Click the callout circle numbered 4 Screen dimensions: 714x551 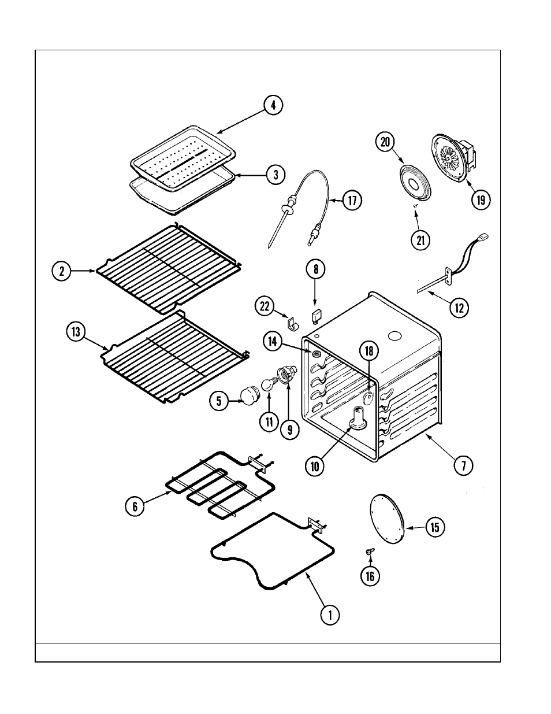click(x=274, y=105)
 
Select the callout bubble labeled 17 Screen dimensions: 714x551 click(x=351, y=201)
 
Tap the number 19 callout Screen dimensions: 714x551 click(x=481, y=199)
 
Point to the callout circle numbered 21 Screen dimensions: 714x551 click(x=420, y=239)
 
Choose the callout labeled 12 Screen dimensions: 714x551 click(x=459, y=308)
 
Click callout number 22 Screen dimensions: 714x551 click(x=265, y=307)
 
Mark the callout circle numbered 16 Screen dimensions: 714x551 click(x=370, y=575)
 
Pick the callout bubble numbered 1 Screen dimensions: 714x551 click(x=330, y=615)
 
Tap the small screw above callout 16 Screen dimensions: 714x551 click(x=368, y=552)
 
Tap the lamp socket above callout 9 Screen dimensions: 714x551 click(x=286, y=375)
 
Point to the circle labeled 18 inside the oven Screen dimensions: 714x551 click(x=369, y=350)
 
